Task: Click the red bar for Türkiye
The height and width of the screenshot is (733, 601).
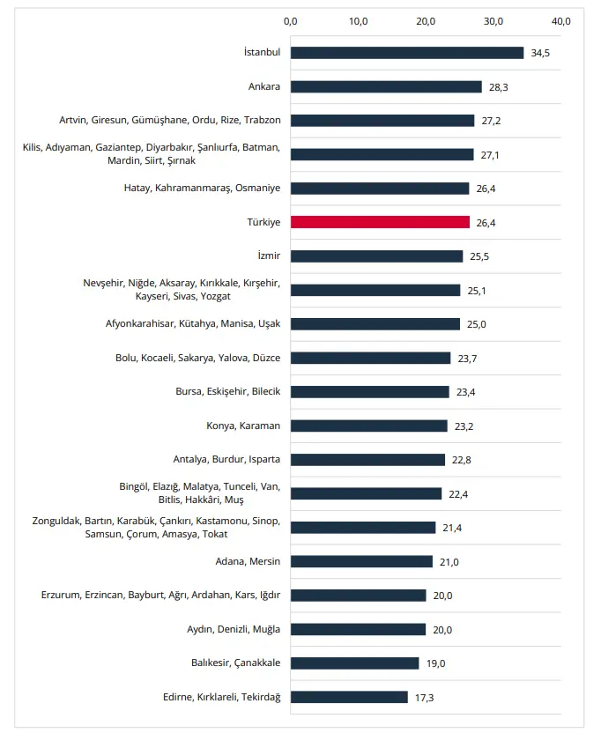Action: point(380,222)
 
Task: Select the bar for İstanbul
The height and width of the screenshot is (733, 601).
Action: point(407,53)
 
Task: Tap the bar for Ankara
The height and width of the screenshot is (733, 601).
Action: point(386,86)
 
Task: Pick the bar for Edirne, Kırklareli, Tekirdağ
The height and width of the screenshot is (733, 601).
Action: point(349,697)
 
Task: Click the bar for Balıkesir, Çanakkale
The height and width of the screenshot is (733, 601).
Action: point(354,663)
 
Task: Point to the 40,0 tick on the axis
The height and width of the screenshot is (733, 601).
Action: point(560,21)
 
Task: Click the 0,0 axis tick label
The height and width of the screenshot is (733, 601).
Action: point(291,21)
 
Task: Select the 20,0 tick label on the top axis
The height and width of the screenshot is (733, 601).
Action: point(426,21)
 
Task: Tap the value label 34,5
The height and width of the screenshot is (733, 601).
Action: point(540,53)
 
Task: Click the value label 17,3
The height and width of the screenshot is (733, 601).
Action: point(424,698)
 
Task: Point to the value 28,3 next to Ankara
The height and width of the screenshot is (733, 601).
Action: point(498,87)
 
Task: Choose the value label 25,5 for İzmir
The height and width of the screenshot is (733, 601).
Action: point(479,256)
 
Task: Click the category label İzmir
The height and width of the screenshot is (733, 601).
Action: point(269,255)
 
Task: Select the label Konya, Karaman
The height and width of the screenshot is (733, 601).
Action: point(243,426)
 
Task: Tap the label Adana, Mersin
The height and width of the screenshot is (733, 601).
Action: point(248,561)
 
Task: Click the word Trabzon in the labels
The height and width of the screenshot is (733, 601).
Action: point(263,120)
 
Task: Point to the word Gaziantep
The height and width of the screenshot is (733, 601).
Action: point(118,147)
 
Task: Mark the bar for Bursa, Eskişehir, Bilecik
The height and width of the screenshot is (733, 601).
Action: point(370,392)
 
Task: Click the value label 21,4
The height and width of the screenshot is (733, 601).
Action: point(452,528)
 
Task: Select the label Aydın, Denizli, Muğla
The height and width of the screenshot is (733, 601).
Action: point(234,629)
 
